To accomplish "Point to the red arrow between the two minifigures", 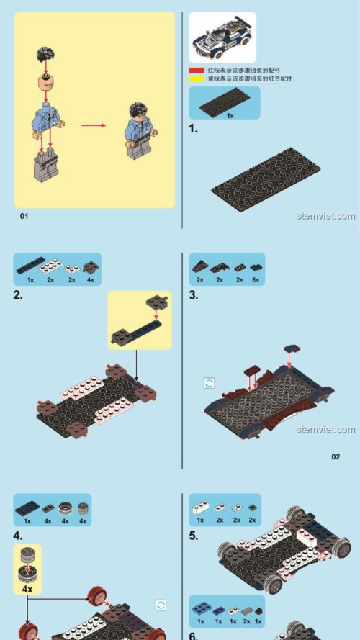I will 93,125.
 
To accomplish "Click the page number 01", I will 24,216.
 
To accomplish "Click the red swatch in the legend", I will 196,71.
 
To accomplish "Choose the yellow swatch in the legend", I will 196,78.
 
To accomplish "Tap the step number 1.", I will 193,129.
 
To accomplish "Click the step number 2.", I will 19,295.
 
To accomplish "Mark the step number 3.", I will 193,295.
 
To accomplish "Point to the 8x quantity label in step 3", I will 256,279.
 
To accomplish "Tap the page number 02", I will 336,456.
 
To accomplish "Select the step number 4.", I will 19,536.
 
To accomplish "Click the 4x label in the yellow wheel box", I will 27,588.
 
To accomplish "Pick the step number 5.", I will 193,536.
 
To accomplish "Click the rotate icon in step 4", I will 161,605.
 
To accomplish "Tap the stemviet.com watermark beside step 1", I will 325,216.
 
